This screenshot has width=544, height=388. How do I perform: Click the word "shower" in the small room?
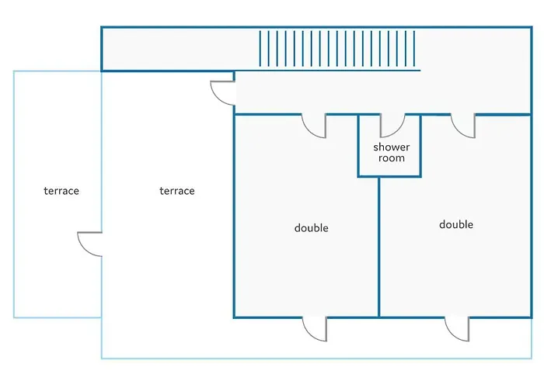click(391, 147)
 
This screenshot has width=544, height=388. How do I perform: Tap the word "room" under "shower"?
click(391, 158)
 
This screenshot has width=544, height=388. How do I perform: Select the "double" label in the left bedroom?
click(311, 228)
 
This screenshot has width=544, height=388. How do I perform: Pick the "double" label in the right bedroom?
click(456, 225)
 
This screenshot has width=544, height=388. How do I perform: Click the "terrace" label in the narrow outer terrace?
click(61, 191)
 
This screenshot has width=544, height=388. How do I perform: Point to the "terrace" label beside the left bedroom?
click(177, 191)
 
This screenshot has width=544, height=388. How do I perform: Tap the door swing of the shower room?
click(392, 126)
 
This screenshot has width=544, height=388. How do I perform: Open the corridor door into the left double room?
click(315, 126)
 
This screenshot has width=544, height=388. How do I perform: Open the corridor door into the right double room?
click(463, 126)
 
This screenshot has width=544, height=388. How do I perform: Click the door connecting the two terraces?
click(90, 244)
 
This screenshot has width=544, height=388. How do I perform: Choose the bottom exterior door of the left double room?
click(316, 329)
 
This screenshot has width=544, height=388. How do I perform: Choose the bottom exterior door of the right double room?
click(458, 329)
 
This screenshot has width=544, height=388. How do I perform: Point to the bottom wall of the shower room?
click(389, 176)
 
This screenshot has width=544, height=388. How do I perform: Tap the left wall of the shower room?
click(358, 147)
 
